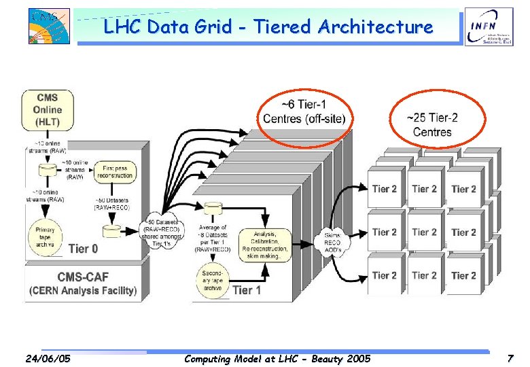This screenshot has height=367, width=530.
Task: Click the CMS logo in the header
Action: [x=49, y=27]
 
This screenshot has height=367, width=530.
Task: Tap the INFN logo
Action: [x=489, y=29]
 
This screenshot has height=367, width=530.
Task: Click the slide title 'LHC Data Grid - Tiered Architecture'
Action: [x=268, y=27]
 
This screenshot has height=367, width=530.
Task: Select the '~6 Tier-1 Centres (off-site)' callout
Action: [x=304, y=113]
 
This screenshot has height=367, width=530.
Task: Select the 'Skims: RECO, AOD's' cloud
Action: [x=333, y=243]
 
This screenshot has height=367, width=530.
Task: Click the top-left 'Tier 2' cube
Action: [x=385, y=189]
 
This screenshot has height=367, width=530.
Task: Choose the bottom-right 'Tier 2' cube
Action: [x=463, y=275]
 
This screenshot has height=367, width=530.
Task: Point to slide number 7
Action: [x=510, y=358]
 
